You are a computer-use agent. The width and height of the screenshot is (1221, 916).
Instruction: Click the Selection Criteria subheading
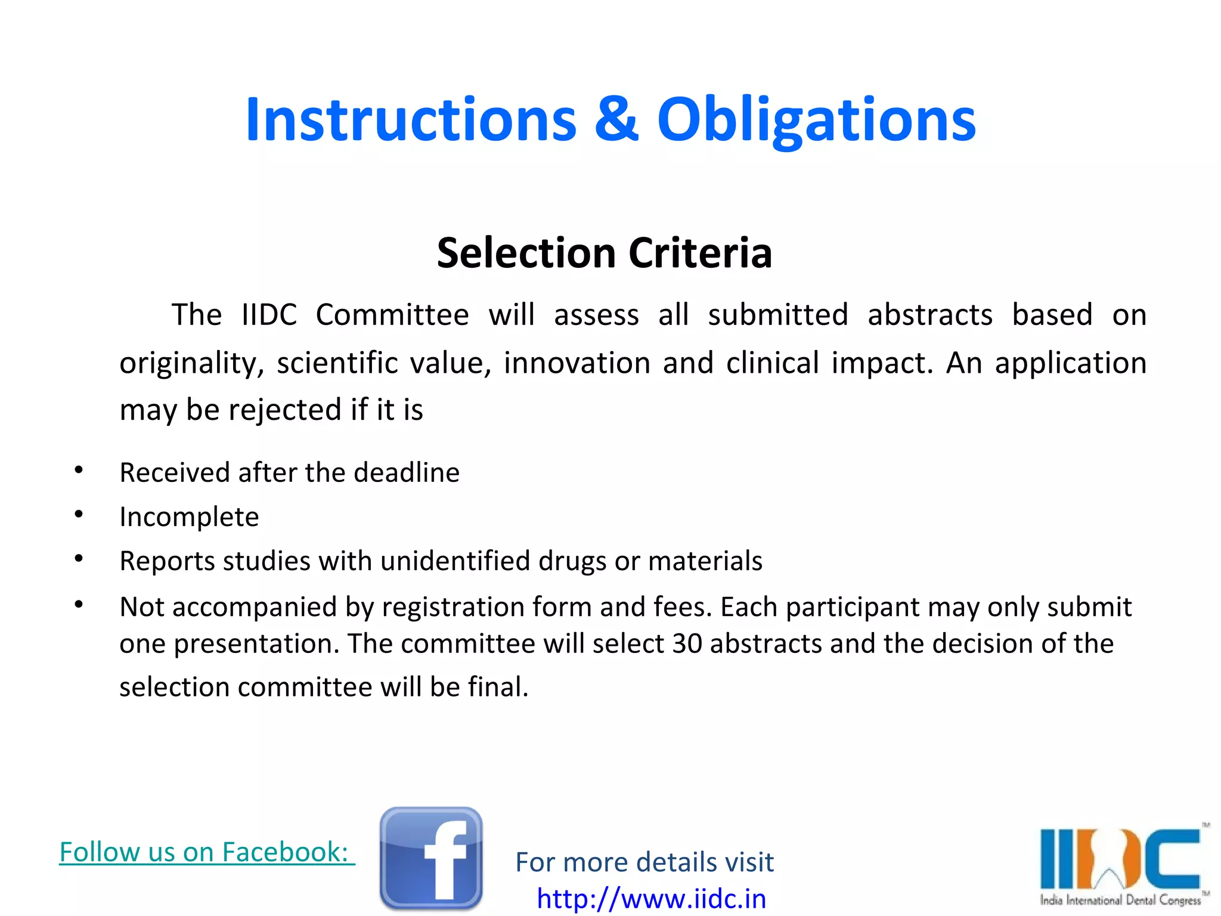pos(604,253)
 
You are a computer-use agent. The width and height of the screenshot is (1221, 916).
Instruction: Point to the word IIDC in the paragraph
pos(269,315)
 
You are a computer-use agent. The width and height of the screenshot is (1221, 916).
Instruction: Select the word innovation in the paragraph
pos(577,363)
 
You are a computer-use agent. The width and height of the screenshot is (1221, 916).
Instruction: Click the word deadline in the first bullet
pos(406,472)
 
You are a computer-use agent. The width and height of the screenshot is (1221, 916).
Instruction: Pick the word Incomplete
pos(189,516)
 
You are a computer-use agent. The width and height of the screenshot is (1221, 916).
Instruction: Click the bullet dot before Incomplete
pos(79,514)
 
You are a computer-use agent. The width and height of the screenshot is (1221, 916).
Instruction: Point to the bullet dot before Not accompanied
pos(79,605)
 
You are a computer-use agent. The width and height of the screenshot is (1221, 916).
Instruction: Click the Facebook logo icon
pos(430,859)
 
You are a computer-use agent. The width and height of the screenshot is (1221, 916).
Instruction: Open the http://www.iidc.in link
pos(651,899)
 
